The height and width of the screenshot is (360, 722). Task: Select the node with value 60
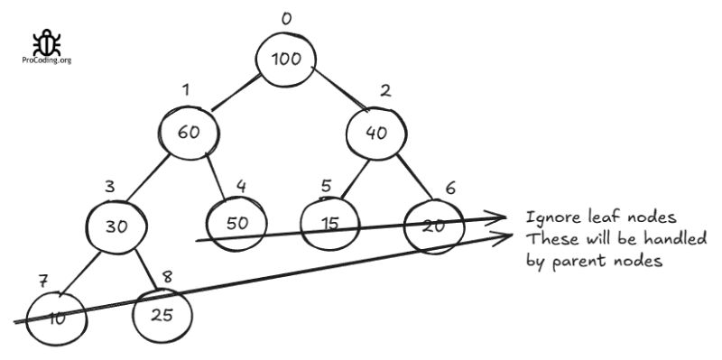189,132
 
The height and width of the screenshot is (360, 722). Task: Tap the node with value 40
376,132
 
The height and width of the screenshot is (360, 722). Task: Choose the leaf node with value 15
329,223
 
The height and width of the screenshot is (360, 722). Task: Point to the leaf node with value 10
56,317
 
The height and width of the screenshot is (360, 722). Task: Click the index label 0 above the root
286,18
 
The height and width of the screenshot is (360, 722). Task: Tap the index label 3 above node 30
109,187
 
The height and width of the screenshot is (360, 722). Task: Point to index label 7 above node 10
42,280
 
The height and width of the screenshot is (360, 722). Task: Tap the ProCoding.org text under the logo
46,60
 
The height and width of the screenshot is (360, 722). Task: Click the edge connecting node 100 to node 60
234,93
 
